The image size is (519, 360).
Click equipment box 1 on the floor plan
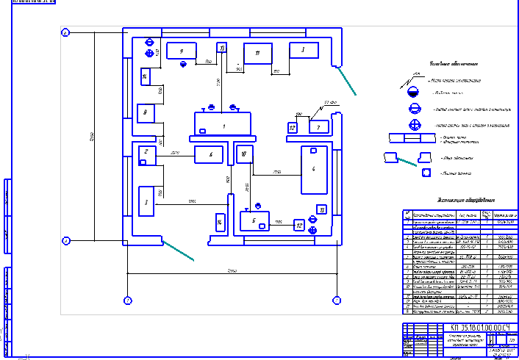[x=222, y=126]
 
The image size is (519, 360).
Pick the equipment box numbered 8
[x=146, y=112]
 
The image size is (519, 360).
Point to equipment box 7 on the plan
[x=318, y=127]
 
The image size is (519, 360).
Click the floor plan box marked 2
[x=146, y=153]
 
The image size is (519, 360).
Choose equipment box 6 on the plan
[x=210, y=154]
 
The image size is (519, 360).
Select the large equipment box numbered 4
[x=314, y=170]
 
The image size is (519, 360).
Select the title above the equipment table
[x=466, y=199]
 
